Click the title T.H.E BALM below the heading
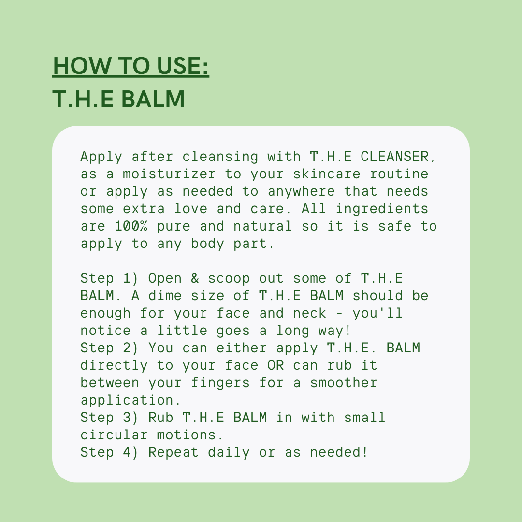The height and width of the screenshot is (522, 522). point(118,99)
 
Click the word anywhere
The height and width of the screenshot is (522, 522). point(302,191)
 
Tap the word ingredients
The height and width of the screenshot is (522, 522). point(382,209)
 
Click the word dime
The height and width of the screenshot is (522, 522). point(165,296)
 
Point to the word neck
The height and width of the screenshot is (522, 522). point(309,313)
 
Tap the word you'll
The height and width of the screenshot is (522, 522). point(377,313)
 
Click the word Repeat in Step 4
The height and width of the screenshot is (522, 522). point(174,452)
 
